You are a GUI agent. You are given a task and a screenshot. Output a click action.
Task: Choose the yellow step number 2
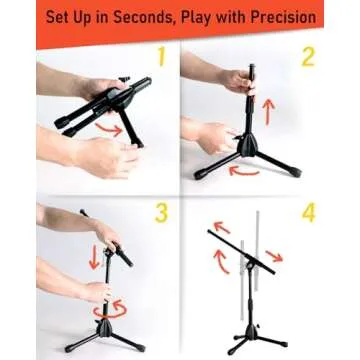tap(307, 58)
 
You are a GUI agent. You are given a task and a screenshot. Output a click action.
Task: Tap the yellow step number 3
tap(161, 213)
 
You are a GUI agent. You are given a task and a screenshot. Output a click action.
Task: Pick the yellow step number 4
tap(308, 213)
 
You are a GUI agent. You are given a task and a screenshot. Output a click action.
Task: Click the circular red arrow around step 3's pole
tap(105, 311)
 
